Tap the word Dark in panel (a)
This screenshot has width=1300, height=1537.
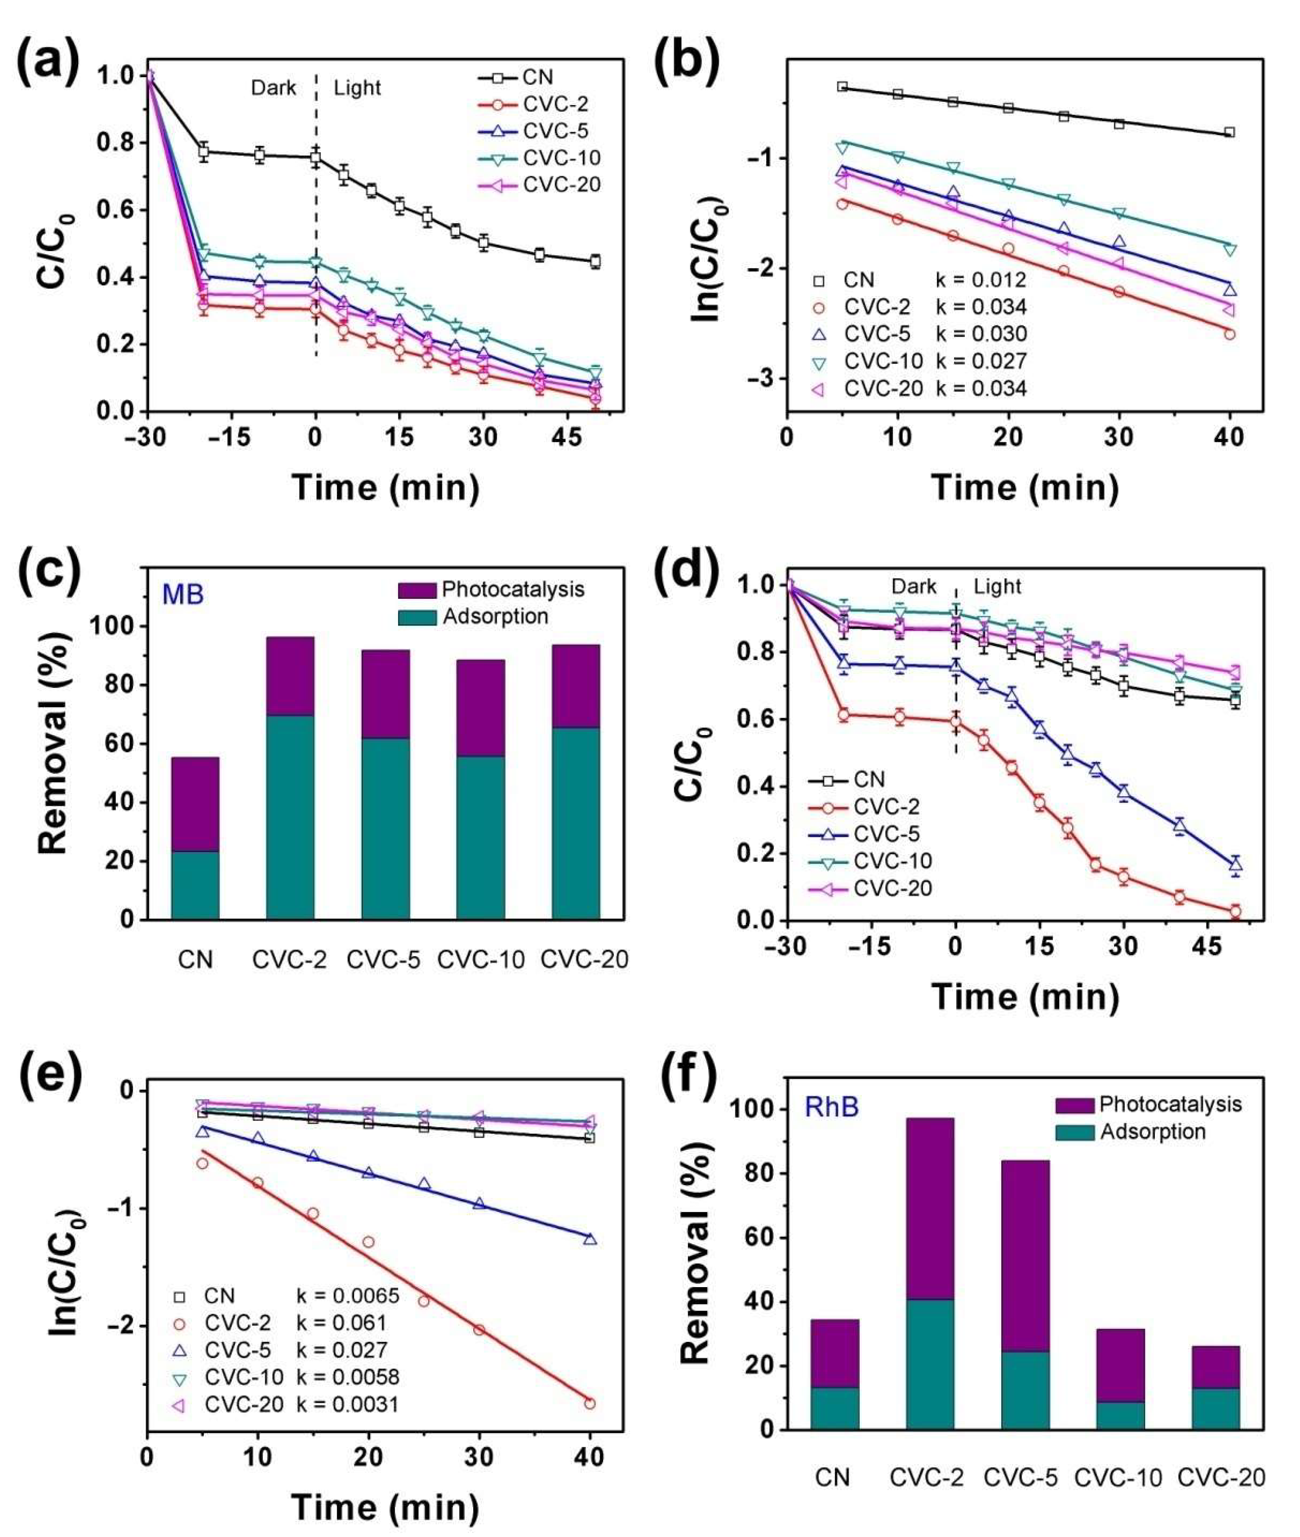(273, 89)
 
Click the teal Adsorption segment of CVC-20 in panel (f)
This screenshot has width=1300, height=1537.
(1216, 1409)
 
